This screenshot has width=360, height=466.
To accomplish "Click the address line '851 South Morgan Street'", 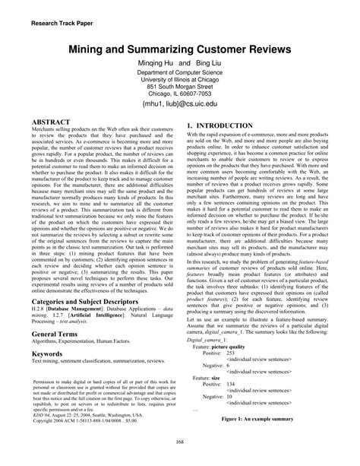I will [x=180, y=87].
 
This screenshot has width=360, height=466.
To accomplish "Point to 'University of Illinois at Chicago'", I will [x=180, y=80].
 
